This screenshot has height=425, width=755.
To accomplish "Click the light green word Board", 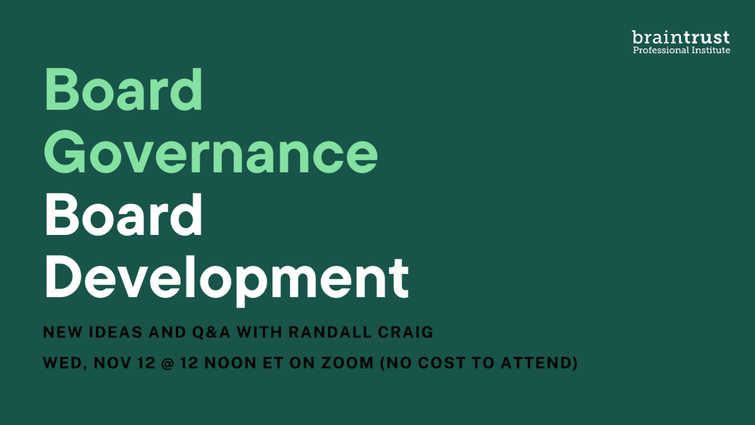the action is (x=123, y=89).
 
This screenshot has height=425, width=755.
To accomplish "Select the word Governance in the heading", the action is (x=211, y=152).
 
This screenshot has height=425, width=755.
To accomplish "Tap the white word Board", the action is (x=123, y=214).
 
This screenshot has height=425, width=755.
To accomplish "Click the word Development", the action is (x=227, y=280).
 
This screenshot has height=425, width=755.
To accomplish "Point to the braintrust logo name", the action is (x=681, y=37).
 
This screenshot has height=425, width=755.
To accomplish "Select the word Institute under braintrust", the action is (x=711, y=50).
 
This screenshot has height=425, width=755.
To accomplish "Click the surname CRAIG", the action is (x=405, y=332).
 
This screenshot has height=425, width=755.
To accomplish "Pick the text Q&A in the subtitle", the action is (x=211, y=332).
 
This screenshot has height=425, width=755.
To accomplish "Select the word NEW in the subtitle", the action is (x=63, y=332).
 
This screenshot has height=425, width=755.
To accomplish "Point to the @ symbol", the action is (x=167, y=363).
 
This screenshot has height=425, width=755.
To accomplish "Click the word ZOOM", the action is (x=347, y=363).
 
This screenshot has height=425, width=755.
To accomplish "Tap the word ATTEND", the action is (x=537, y=363).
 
